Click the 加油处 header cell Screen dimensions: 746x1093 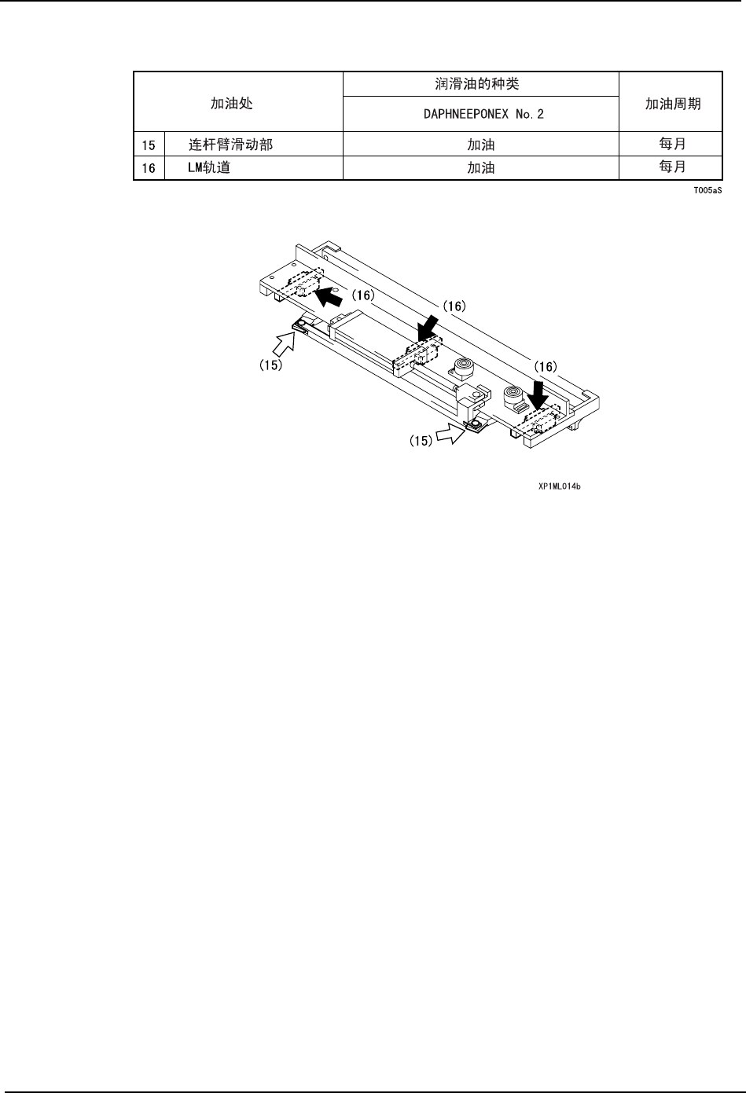[232, 103]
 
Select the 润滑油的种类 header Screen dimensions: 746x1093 [480, 84]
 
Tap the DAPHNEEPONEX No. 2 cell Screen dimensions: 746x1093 [480, 114]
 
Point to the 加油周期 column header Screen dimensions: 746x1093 [671, 103]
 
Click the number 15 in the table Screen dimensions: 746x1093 [149, 145]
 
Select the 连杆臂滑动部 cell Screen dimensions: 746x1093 [231, 145]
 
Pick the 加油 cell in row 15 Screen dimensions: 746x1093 [480, 145]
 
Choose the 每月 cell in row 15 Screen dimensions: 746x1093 [671, 145]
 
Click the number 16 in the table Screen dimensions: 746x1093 [149, 167]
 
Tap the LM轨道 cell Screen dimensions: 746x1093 [209, 167]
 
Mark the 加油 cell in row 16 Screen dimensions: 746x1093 [480, 167]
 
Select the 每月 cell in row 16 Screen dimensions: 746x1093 [671, 167]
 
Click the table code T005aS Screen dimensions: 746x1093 [707, 190]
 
